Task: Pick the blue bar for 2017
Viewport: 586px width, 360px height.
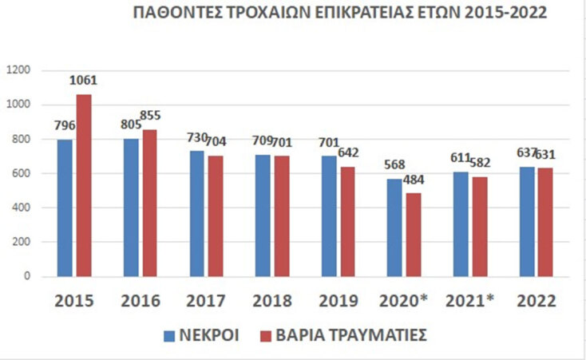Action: click(x=196, y=214)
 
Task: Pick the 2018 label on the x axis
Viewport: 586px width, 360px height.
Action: click(x=271, y=301)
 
